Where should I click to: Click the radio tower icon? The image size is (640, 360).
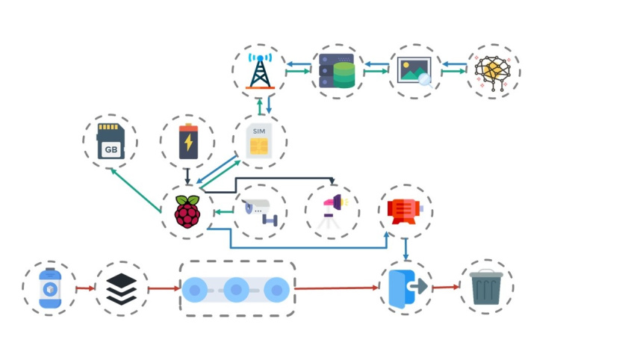tap(258, 72)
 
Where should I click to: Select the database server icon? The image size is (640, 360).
tap(338, 71)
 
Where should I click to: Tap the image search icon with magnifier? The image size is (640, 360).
tap(414, 72)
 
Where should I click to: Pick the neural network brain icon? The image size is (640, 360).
tap(493, 72)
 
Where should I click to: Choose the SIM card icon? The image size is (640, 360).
tap(259, 142)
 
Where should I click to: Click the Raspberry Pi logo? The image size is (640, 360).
tap(187, 212)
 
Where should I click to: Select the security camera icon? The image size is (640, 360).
tap(258, 212)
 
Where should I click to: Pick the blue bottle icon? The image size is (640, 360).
tap(49, 288)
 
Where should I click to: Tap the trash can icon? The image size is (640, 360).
tap(486, 288)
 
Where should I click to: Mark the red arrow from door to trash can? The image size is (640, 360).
tap(445, 288)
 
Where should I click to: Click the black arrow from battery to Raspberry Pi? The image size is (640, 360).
tap(187, 176)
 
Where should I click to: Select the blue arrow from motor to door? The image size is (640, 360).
tap(406, 249)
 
